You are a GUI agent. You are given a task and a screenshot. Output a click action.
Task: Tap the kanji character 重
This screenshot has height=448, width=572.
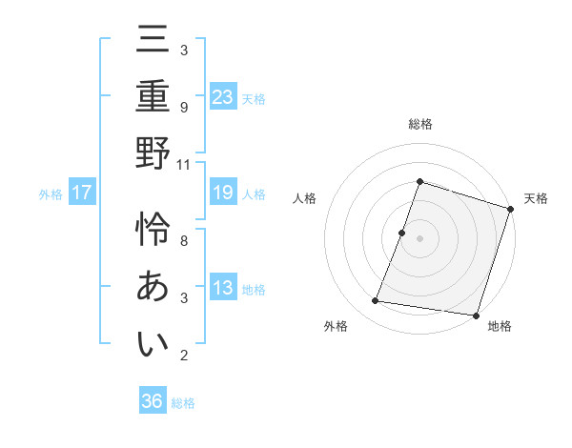tap(153, 99)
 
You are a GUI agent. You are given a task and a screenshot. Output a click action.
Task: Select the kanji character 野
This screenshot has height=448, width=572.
tap(153, 153)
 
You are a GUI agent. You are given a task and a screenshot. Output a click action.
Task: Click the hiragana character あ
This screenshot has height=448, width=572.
tap(153, 287)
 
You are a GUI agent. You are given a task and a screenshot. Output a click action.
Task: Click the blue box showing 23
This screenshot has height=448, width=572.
tap(223, 96)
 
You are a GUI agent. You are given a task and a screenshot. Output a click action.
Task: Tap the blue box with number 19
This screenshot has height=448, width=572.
tap(223, 193)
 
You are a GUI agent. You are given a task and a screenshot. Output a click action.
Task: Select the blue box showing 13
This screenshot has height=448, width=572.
tap(223, 289)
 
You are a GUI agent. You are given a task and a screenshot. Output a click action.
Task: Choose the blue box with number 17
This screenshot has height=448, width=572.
tap(82, 193)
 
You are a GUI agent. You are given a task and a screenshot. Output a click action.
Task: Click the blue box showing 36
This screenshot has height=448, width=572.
tap(153, 401)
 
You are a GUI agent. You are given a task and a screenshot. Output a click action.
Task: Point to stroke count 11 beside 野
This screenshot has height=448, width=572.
tap(184, 164)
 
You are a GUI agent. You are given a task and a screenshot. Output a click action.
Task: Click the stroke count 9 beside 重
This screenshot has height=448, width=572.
tap(184, 107)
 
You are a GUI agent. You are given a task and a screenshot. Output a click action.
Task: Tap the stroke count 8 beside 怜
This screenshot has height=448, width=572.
tap(184, 240)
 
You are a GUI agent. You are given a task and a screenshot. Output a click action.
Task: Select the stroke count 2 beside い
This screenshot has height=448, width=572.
tap(184, 356)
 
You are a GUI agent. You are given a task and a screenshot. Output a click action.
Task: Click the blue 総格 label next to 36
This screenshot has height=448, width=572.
tap(183, 403)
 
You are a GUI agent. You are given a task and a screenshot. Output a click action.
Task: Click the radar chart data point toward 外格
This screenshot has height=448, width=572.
tap(376, 301)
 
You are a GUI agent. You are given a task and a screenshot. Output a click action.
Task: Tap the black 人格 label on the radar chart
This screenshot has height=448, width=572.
tap(305, 198)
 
